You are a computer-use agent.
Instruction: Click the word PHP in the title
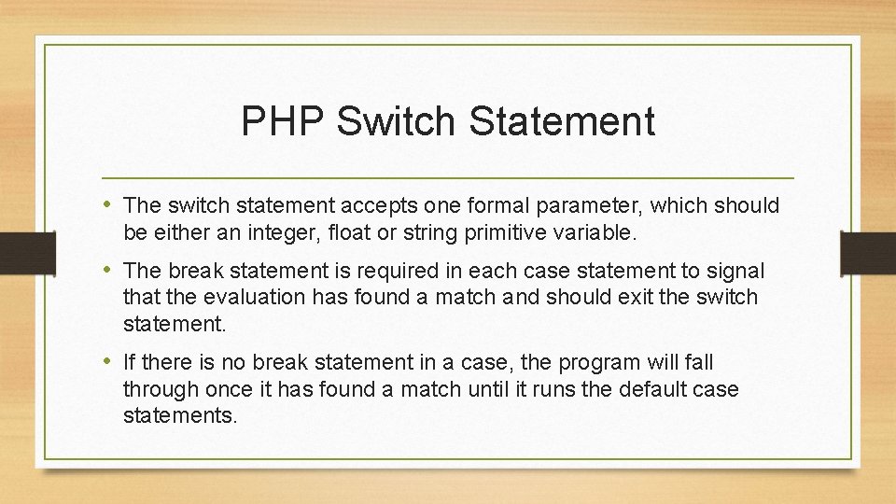(x=283, y=120)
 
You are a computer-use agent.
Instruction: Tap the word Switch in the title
(x=396, y=120)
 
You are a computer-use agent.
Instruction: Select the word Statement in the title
(x=562, y=120)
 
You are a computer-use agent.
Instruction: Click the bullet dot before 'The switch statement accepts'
(x=106, y=203)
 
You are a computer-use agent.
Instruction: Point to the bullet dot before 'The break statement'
(x=106, y=269)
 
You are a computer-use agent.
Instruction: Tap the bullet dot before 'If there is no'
(x=106, y=360)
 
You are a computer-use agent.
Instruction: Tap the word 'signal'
(x=735, y=271)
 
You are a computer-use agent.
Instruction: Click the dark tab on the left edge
(x=27, y=253)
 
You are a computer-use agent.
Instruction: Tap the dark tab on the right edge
(x=868, y=253)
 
